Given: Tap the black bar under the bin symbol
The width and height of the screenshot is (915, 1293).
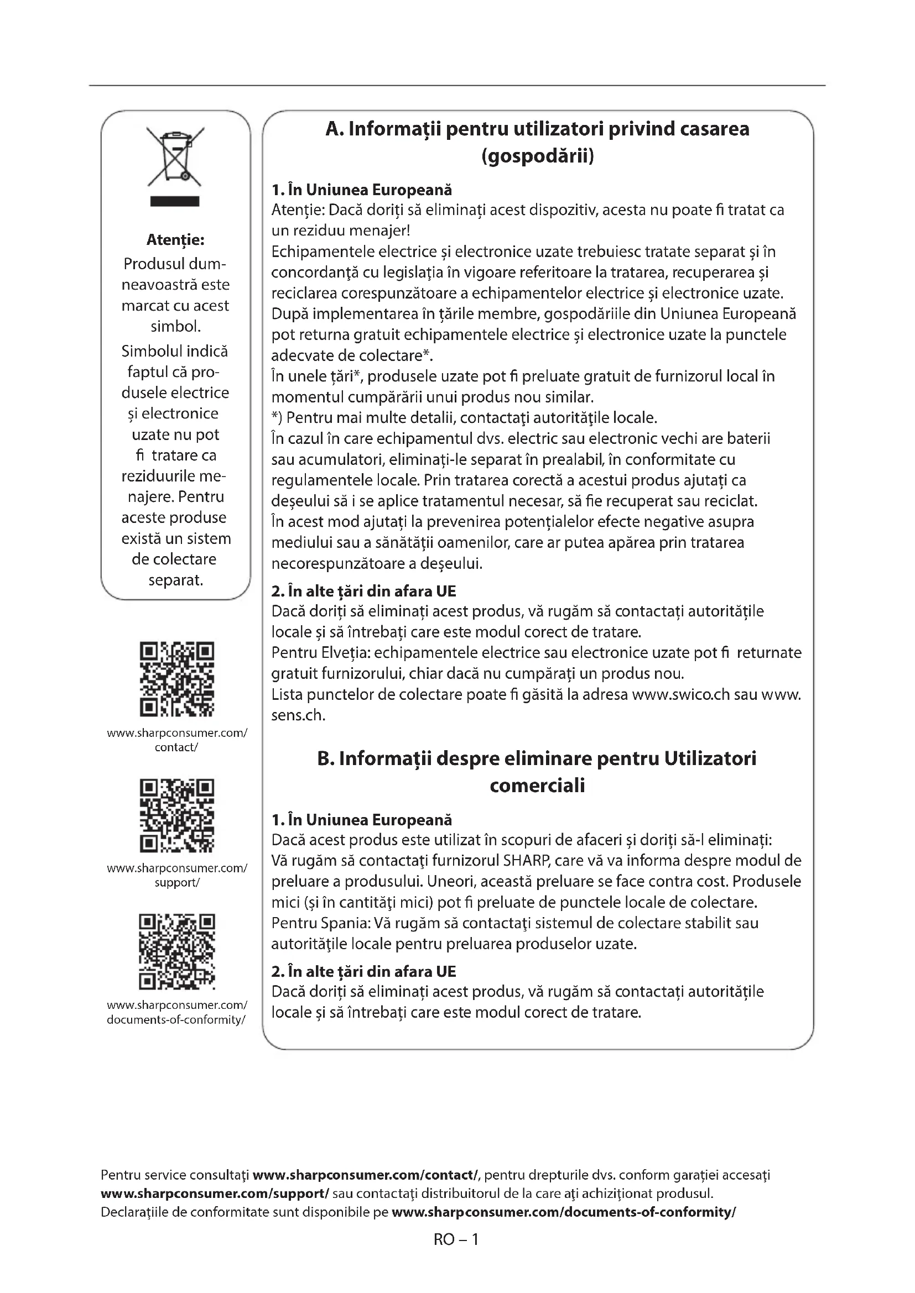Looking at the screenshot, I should coord(175,201).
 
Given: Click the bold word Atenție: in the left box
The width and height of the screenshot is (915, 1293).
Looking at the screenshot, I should coord(175,240).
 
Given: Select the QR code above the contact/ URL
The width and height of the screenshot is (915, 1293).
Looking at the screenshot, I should coord(176,679).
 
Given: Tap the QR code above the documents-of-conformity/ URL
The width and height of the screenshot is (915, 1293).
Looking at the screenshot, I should coord(176,952).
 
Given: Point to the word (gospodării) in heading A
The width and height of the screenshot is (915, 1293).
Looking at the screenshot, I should coord(538,156).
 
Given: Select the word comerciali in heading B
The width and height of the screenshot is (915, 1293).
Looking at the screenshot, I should coord(538,785).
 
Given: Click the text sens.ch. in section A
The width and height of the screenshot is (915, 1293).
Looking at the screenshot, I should coord(299,715).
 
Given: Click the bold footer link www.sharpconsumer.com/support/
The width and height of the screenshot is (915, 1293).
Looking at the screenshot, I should coord(215,1193).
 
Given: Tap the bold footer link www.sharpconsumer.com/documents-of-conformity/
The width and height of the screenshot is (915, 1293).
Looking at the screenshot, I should coord(563,1212).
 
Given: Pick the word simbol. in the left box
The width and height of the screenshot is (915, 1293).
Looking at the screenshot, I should coord(175,327).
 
